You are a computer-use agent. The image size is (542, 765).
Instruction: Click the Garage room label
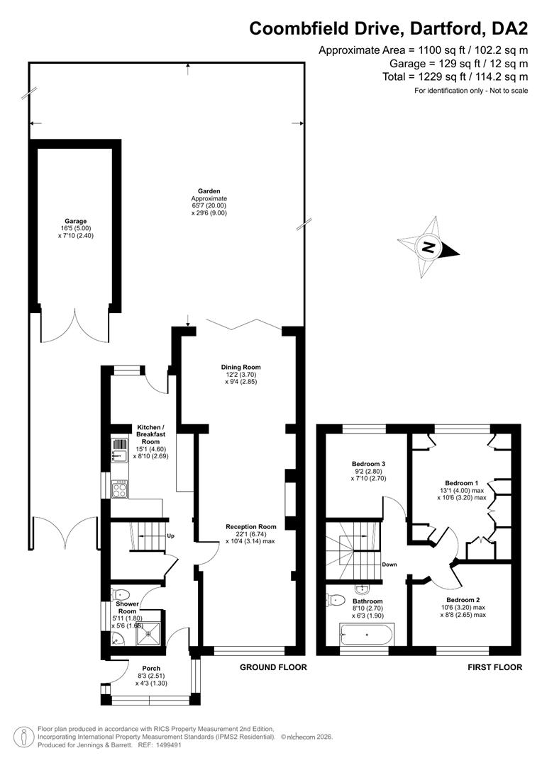coord(75,221)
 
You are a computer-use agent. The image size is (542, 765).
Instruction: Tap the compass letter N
coord(428,247)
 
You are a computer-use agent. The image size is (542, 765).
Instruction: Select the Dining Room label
coord(241,367)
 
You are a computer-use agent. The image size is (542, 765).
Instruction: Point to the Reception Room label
coord(251,526)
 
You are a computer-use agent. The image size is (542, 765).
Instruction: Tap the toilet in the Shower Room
coord(121,595)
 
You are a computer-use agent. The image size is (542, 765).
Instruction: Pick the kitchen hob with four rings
coord(120,489)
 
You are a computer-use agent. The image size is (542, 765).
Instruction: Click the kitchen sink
coord(119,450)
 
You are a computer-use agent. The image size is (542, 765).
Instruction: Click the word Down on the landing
coord(389,565)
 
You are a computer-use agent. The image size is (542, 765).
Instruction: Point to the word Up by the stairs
coord(171,535)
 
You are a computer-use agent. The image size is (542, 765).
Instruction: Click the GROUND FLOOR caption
coord(273,667)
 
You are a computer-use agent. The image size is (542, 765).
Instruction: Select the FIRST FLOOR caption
coord(494,667)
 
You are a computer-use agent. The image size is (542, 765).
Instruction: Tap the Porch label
coord(151,669)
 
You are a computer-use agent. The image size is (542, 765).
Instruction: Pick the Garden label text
coord(209,191)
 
